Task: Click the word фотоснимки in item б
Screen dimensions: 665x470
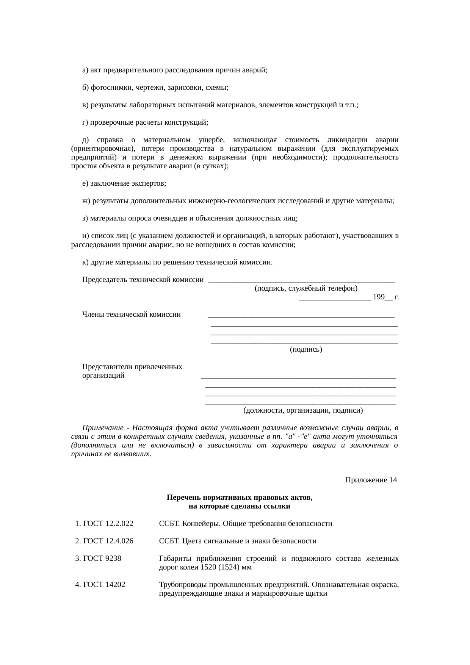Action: point(111,88)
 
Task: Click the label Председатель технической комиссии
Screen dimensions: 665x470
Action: point(143,280)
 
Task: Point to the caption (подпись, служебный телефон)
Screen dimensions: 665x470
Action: point(306,289)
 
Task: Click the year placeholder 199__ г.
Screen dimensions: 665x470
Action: point(385,297)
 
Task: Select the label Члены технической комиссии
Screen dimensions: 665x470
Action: point(131,314)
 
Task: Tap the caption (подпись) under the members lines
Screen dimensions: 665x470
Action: point(306,349)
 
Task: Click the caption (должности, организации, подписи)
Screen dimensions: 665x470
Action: point(303,410)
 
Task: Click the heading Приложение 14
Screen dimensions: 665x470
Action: point(371,480)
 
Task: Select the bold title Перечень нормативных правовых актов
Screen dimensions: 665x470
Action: point(239,498)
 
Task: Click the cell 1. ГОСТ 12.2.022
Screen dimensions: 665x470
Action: point(105,524)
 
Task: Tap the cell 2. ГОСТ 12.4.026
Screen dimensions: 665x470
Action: point(105,541)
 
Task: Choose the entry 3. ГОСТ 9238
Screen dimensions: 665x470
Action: point(99,559)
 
